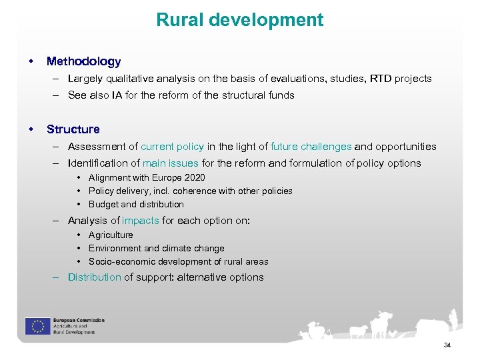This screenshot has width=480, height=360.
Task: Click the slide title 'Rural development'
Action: pos(240,20)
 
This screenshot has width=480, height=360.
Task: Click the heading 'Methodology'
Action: pos(83,61)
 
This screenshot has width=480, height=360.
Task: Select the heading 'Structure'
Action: pos(73,129)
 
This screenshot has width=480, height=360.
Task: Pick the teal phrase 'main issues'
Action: pos(170,163)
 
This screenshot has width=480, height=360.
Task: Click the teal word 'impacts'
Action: pos(140,221)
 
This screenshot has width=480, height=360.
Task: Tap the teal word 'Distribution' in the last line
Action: pos(94,277)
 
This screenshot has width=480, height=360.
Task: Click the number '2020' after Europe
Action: pos(194,178)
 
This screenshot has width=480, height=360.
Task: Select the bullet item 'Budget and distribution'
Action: pos(136,205)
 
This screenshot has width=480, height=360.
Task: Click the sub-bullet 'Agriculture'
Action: pos(111,235)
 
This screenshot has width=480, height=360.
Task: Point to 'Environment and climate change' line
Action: pos(156,249)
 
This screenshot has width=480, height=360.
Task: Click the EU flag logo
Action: pos(37,326)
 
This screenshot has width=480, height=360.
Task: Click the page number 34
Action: pos(447,345)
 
